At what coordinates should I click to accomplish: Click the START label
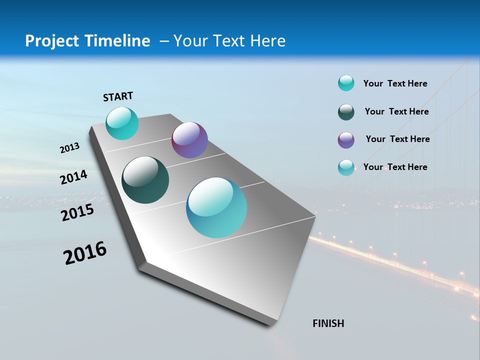[118, 96]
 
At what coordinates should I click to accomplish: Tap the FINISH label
[328, 323]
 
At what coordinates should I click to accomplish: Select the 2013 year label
[70, 148]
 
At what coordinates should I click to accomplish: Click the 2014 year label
[73, 177]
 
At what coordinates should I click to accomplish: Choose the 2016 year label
[85, 253]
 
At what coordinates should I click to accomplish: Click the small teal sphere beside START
[122, 123]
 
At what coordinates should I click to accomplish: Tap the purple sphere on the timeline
[189, 140]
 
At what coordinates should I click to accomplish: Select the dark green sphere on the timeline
[145, 180]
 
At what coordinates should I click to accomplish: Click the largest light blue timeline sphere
[216, 207]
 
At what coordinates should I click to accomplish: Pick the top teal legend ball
[346, 83]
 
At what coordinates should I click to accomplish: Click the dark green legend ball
[346, 112]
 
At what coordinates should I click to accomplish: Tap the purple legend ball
[346, 140]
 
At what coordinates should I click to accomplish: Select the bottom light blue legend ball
[346, 167]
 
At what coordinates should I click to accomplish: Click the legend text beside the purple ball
[397, 139]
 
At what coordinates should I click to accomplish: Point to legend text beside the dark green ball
[396, 111]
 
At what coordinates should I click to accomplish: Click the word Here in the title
[267, 41]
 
